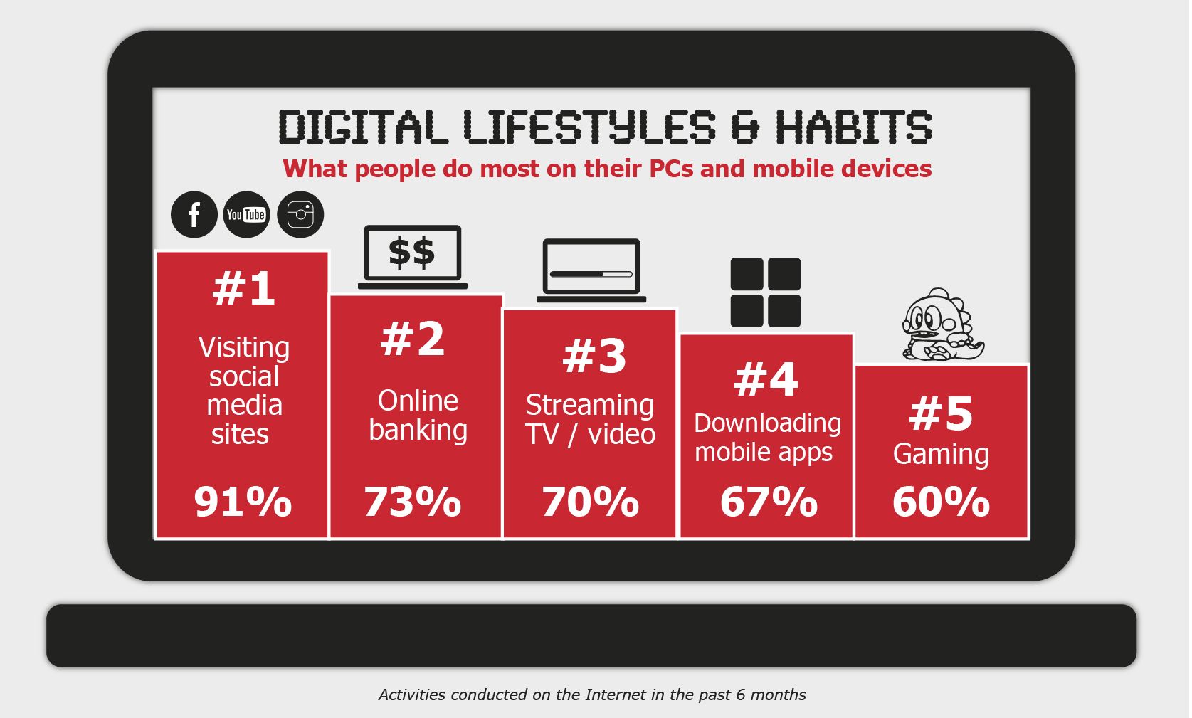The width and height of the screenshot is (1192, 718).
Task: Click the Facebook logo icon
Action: point(194,214)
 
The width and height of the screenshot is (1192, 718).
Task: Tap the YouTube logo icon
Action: point(246,214)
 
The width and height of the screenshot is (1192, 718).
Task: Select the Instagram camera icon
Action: point(300,214)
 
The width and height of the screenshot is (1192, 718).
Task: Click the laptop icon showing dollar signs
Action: point(413,257)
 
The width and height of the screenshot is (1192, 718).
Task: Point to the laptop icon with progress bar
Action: point(591,270)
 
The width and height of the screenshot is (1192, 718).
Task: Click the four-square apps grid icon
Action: point(765,292)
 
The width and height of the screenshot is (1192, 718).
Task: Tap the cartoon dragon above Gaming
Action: point(942,324)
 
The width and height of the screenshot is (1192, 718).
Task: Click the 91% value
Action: point(243,502)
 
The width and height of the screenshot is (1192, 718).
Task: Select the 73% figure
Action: point(413,502)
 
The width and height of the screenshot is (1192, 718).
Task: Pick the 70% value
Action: point(590,502)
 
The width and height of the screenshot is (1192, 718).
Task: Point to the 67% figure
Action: point(769,502)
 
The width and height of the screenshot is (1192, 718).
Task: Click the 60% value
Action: point(941,502)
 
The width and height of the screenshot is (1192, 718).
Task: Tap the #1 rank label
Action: point(243,288)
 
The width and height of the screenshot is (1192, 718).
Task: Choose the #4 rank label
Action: point(766,379)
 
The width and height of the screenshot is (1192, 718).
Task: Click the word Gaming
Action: point(941,455)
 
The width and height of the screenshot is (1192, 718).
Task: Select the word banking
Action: point(418,430)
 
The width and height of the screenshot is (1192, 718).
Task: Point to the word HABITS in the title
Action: point(853,127)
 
